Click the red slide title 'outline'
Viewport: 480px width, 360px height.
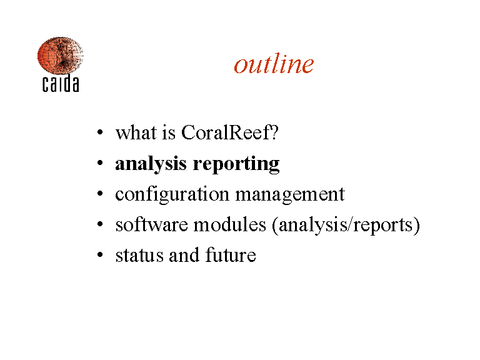(274, 64)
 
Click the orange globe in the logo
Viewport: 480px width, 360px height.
(60, 56)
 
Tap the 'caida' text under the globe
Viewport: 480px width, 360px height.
(61, 83)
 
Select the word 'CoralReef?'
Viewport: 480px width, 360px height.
(230, 132)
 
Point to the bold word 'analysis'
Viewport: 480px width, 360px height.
(151, 164)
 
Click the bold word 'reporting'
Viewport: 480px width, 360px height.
(236, 164)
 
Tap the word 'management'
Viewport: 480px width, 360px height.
(290, 195)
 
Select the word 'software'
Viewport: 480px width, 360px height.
(151, 225)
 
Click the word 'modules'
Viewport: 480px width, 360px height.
(229, 225)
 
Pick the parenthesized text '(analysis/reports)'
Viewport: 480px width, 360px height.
(346, 226)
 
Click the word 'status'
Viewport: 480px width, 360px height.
(139, 255)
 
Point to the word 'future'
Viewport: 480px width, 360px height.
(231, 255)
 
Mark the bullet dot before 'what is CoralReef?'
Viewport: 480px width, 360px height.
(100, 132)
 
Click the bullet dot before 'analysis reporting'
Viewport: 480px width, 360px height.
(100, 163)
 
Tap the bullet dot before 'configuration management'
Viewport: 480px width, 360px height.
(100, 194)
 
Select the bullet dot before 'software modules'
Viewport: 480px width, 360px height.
(100, 224)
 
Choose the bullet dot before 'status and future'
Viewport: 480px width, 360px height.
(100, 255)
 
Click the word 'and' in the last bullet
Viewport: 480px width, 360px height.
(184, 255)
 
